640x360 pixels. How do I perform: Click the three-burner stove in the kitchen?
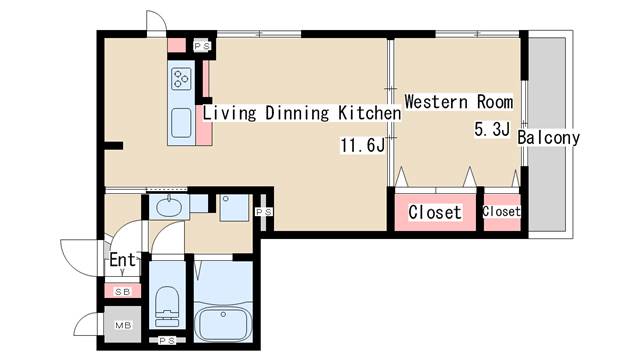(x=182, y=78)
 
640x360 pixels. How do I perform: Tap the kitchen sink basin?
(x=182, y=122)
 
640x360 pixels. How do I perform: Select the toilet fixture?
(x=168, y=305)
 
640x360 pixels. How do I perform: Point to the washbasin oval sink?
(x=169, y=207)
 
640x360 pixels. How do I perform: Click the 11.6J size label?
(x=362, y=145)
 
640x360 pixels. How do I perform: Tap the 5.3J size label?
(x=492, y=129)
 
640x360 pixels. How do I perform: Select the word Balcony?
(x=549, y=138)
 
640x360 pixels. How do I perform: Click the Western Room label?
(x=458, y=102)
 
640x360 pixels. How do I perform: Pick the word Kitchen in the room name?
(x=369, y=113)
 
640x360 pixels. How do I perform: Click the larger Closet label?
(x=435, y=212)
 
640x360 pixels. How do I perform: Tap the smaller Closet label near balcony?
(x=501, y=211)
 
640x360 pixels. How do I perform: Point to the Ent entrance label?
(x=122, y=260)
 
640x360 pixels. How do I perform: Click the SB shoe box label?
(x=122, y=292)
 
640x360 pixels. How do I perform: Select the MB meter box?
(x=123, y=325)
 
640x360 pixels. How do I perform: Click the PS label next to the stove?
(x=202, y=46)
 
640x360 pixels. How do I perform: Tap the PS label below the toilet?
(x=167, y=340)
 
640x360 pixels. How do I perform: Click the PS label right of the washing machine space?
(x=264, y=212)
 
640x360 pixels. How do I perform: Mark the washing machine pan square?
(x=234, y=208)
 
